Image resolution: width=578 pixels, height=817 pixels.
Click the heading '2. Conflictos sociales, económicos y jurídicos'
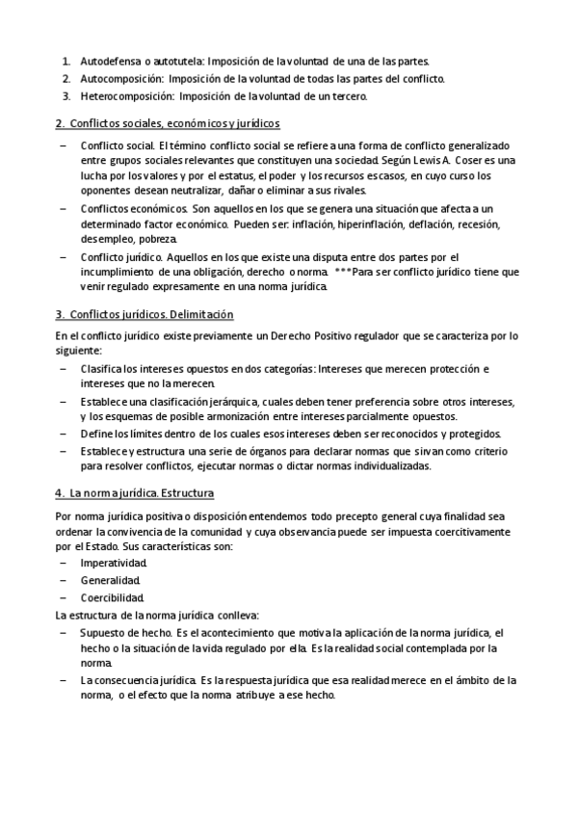point(168,123)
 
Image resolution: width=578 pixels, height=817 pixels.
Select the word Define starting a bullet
point(97,435)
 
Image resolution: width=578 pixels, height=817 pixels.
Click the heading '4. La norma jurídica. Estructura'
point(134,493)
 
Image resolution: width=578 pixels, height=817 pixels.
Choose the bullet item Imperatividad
point(115,563)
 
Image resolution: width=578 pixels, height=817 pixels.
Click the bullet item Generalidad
point(111,580)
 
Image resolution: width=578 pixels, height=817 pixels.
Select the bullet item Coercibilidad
point(113,597)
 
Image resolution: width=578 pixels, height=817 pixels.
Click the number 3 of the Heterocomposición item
point(66,96)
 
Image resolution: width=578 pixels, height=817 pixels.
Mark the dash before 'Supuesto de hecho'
point(63,633)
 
